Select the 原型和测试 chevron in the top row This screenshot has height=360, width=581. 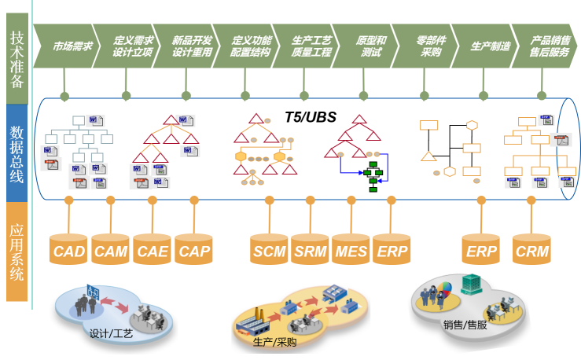pyautogui.click(x=366, y=46)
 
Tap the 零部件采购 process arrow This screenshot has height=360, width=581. pyautogui.click(x=425, y=46)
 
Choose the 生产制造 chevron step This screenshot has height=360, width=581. pyautogui.click(x=485, y=46)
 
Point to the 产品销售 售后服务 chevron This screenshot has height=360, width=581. pyautogui.click(x=545, y=46)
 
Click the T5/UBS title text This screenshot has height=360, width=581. pyautogui.click(x=311, y=117)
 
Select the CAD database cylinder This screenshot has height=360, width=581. pyautogui.click(x=68, y=249)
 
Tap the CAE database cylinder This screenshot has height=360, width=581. pyautogui.click(x=152, y=249)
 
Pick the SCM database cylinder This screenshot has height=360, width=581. pyautogui.click(x=269, y=249)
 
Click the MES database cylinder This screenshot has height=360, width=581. pyautogui.click(x=351, y=249)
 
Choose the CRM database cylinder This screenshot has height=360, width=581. pyautogui.click(x=531, y=249)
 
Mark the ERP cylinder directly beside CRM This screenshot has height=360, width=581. pyautogui.click(x=481, y=249)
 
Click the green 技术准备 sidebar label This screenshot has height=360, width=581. pyautogui.click(x=17, y=59)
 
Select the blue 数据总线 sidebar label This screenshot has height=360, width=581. pyautogui.click(x=17, y=153)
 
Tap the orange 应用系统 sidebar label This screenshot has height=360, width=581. pyautogui.click(x=17, y=252)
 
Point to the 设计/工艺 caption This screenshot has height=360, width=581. pyautogui.click(x=111, y=334)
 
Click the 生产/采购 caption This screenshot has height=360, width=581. pyautogui.click(x=274, y=342)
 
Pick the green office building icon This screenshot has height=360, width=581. pyautogui.click(x=471, y=285)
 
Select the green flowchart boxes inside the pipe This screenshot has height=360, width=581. pyautogui.click(x=373, y=177)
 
